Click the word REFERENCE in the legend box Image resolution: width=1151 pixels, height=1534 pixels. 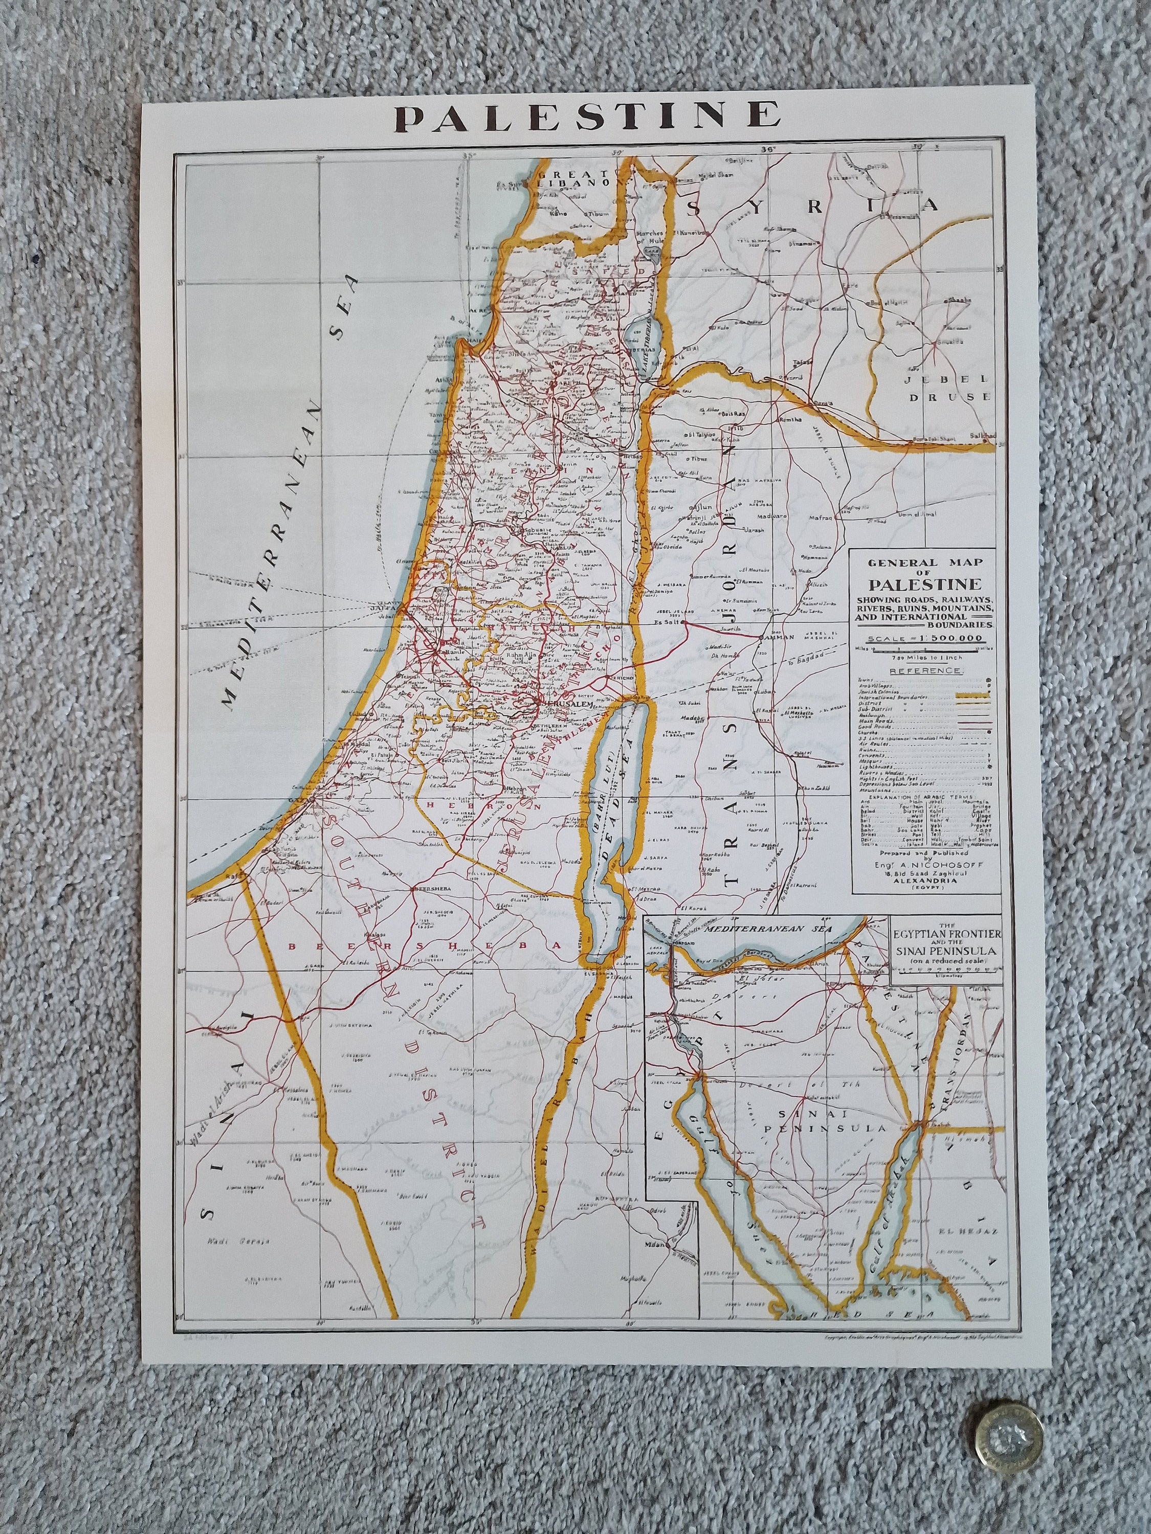pyautogui.click(x=925, y=670)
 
